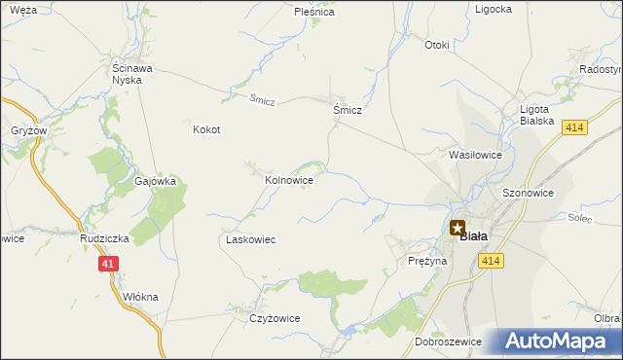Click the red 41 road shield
pos(108,264)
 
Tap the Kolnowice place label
pos(289,180)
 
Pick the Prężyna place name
pos(427,262)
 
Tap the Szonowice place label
pos(529,194)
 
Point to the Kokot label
pos(206,129)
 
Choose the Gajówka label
pos(155,181)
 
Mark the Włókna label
pos(142,297)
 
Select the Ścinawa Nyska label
pos(127,74)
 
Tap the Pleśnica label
pos(314,13)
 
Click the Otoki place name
pos(437,45)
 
